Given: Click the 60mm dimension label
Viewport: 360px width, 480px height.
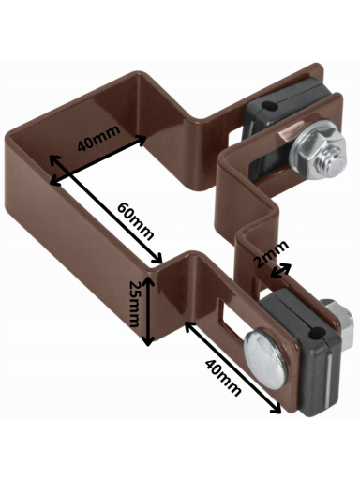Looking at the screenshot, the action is [x=135, y=221].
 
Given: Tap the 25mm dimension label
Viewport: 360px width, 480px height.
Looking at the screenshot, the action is [x=135, y=303].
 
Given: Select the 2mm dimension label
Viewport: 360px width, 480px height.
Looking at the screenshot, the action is [x=271, y=253].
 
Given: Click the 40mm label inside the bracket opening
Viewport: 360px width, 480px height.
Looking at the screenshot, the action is [x=98, y=138].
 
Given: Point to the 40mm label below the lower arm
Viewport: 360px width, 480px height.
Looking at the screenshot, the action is [x=223, y=377].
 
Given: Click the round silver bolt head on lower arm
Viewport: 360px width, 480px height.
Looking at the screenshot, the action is [x=265, y=360].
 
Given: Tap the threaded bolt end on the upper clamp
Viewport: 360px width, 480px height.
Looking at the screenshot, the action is [x=330, y=161].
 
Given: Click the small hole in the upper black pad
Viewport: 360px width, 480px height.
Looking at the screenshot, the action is [x=270, y=106].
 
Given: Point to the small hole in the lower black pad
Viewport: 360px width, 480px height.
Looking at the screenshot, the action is [x=317, y=333].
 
